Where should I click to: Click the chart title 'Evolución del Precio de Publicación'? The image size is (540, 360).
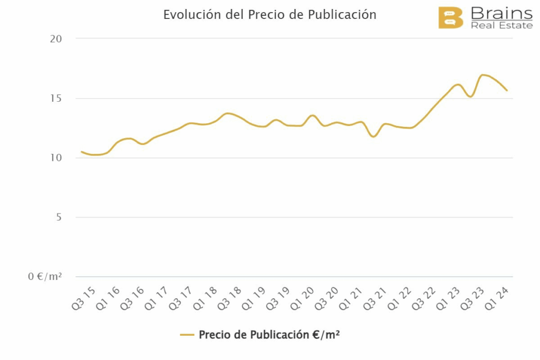269,15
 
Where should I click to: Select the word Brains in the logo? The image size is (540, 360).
501,13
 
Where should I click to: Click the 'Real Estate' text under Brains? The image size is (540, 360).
501,25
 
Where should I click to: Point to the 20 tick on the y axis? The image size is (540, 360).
56,39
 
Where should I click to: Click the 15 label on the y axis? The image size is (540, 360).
56,99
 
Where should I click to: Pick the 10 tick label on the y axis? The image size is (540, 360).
56,158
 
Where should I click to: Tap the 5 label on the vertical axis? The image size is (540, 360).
59,218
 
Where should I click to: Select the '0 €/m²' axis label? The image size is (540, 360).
45,277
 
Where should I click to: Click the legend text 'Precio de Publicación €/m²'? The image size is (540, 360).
269,335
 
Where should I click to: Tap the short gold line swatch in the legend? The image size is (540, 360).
187,335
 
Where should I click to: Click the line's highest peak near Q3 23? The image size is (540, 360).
483,75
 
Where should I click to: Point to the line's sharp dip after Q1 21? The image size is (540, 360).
373,137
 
